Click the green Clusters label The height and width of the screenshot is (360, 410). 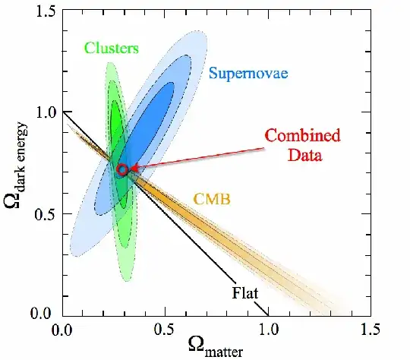[x=112, y=49]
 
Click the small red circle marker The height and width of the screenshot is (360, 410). [x=122, y=169]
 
